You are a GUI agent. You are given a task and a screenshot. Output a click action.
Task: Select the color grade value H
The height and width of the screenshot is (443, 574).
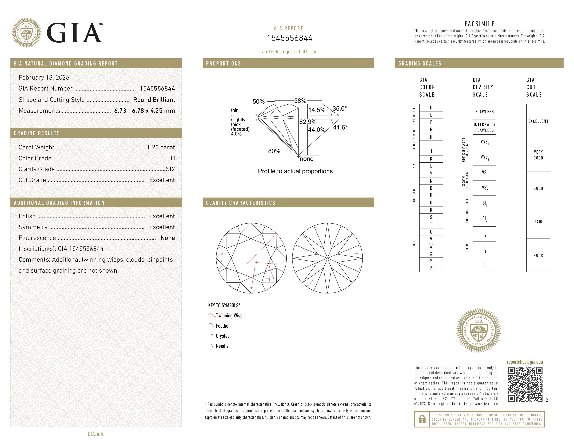pos(173,158)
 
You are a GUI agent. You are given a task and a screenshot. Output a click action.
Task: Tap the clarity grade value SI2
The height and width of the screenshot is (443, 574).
pos(170,169)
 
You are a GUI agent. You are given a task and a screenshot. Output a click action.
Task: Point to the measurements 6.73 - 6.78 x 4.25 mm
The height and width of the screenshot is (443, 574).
pos(145,111)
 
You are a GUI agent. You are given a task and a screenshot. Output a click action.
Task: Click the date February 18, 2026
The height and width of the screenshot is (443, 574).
pos(44,77)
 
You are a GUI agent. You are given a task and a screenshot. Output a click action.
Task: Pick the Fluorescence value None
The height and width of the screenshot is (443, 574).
pos(167,238)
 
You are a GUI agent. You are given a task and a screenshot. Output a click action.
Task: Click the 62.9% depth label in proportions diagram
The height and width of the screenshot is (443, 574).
pos(308,122)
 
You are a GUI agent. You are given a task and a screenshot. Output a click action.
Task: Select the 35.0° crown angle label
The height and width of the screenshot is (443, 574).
pos(340,108)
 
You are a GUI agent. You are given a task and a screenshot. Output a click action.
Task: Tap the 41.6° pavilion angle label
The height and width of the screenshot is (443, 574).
pos(340,127)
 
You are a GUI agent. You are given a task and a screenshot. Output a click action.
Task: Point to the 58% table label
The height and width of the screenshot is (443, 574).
pos(300,101)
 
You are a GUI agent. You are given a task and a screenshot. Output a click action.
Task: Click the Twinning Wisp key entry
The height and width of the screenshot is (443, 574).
pos(229,315)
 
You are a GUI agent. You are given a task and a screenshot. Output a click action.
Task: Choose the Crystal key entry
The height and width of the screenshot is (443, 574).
pos(222,336)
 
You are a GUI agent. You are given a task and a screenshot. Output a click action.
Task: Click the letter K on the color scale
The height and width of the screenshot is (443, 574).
pos(431,159)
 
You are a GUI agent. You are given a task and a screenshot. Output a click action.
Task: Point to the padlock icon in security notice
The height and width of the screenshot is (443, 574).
pos(422,419)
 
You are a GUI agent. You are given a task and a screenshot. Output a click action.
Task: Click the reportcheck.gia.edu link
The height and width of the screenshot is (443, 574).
pos(525,362)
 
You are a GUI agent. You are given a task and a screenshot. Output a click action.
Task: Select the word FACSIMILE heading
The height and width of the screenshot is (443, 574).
pos(479,24)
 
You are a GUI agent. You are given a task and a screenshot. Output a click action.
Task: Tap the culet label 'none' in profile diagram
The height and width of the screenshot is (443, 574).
pos(306,159)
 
